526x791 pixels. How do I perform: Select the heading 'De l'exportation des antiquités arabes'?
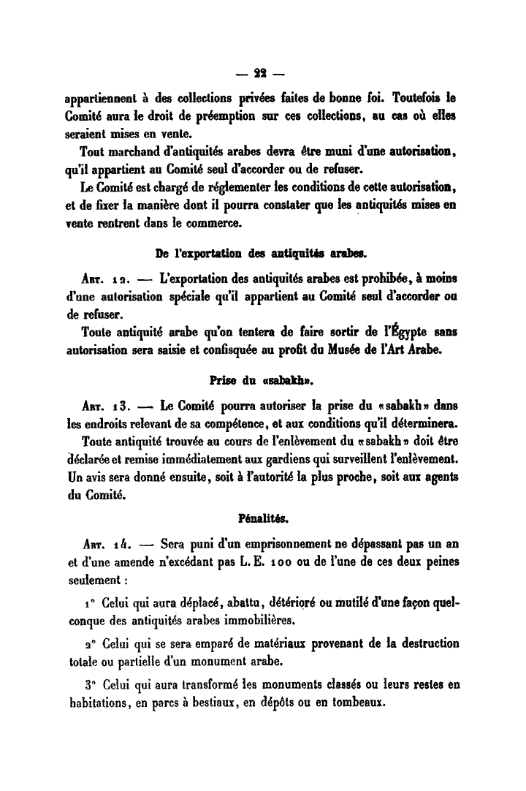click(262, 254)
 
